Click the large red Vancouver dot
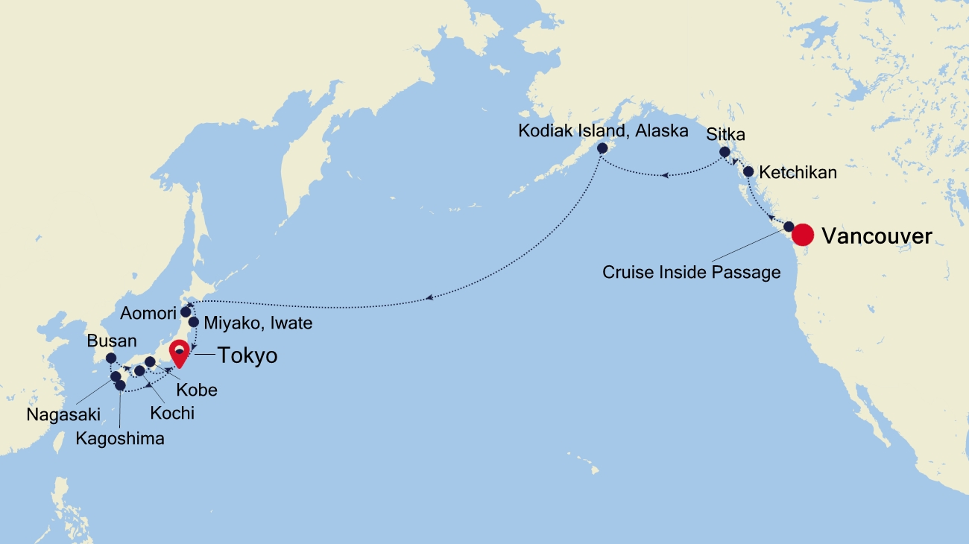pyautogui.click(x=802, y=235)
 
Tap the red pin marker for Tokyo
pyautogui.click(x=179, y=352)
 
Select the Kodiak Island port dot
pyautogui.click(x=602, y=148)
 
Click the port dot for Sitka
pyautogui.click(x=725, y=152)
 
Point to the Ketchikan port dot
pyautogui.click(x=748, y=171)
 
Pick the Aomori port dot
pyautogui.click(x=186, y=311)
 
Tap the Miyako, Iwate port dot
pyautogui.click(x=194, y=323)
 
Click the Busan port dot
pyautogui.click(x=111, y=358)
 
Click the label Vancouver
pyautogui.click(x=877, y=236)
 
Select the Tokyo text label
pyautogui.click(x=247, y=356)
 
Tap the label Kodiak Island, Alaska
pyautogui.click(x=603, y=132)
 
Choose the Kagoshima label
pyautogui.click(x=120, y=438)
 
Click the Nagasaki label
pyautogui.click(x=63, y=414)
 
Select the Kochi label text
pyautogui.click(x=172, y=412)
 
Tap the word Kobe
pyautogui.click(x=198, y=390)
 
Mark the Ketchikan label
pyautogui.click(x=798, y=173)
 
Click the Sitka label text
pyautogui.click(x=726, y=135)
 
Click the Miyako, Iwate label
pyautogui.click(x=257, y=323)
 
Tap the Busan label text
pyautogui.click(x=112, y=341)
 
